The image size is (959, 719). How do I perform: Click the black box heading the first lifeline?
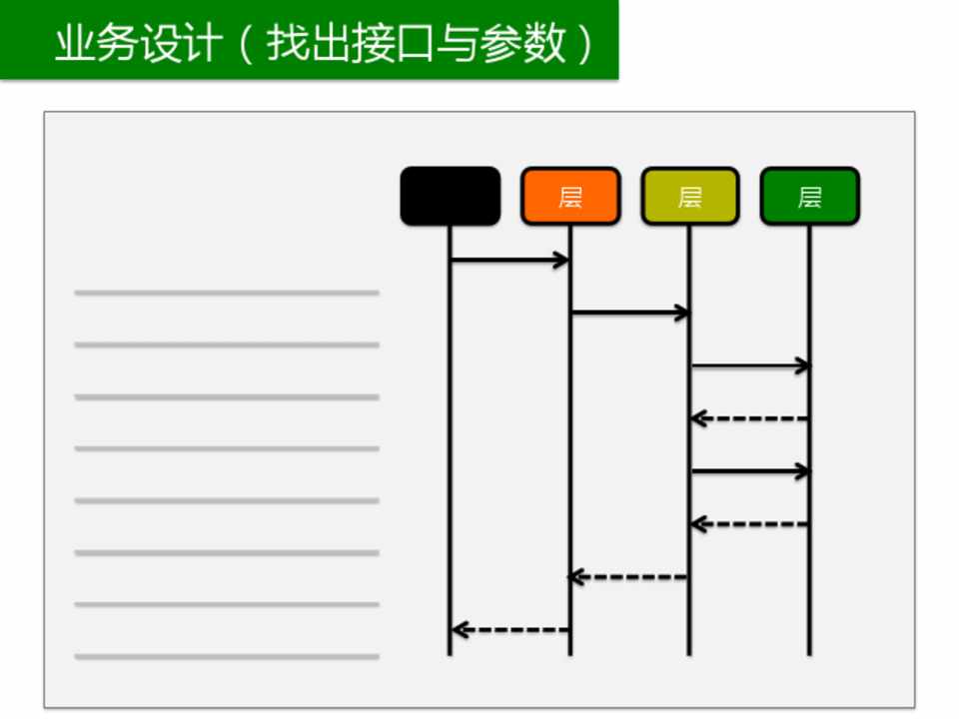point(450,197)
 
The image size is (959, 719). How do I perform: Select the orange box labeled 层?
point(569,197)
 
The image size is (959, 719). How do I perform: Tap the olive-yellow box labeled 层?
point(689,197)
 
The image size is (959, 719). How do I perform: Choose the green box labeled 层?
point(809,197)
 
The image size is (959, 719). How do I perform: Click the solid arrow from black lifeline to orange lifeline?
point(509,261)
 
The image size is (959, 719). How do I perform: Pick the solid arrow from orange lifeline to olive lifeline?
point(629,313)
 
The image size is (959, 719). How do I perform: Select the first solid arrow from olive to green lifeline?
point(749,365)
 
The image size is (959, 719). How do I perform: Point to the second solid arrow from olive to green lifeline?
point(749,470)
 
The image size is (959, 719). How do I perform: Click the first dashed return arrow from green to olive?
point(749,418)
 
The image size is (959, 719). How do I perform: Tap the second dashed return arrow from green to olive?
point(749,523)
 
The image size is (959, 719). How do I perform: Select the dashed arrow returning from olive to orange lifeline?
point(629,576)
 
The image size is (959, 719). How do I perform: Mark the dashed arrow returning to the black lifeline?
point(509,629)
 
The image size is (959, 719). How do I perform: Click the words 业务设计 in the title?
point(136,44)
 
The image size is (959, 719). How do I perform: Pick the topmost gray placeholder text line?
point(227,293)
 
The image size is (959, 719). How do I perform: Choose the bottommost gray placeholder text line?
point(227,656)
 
